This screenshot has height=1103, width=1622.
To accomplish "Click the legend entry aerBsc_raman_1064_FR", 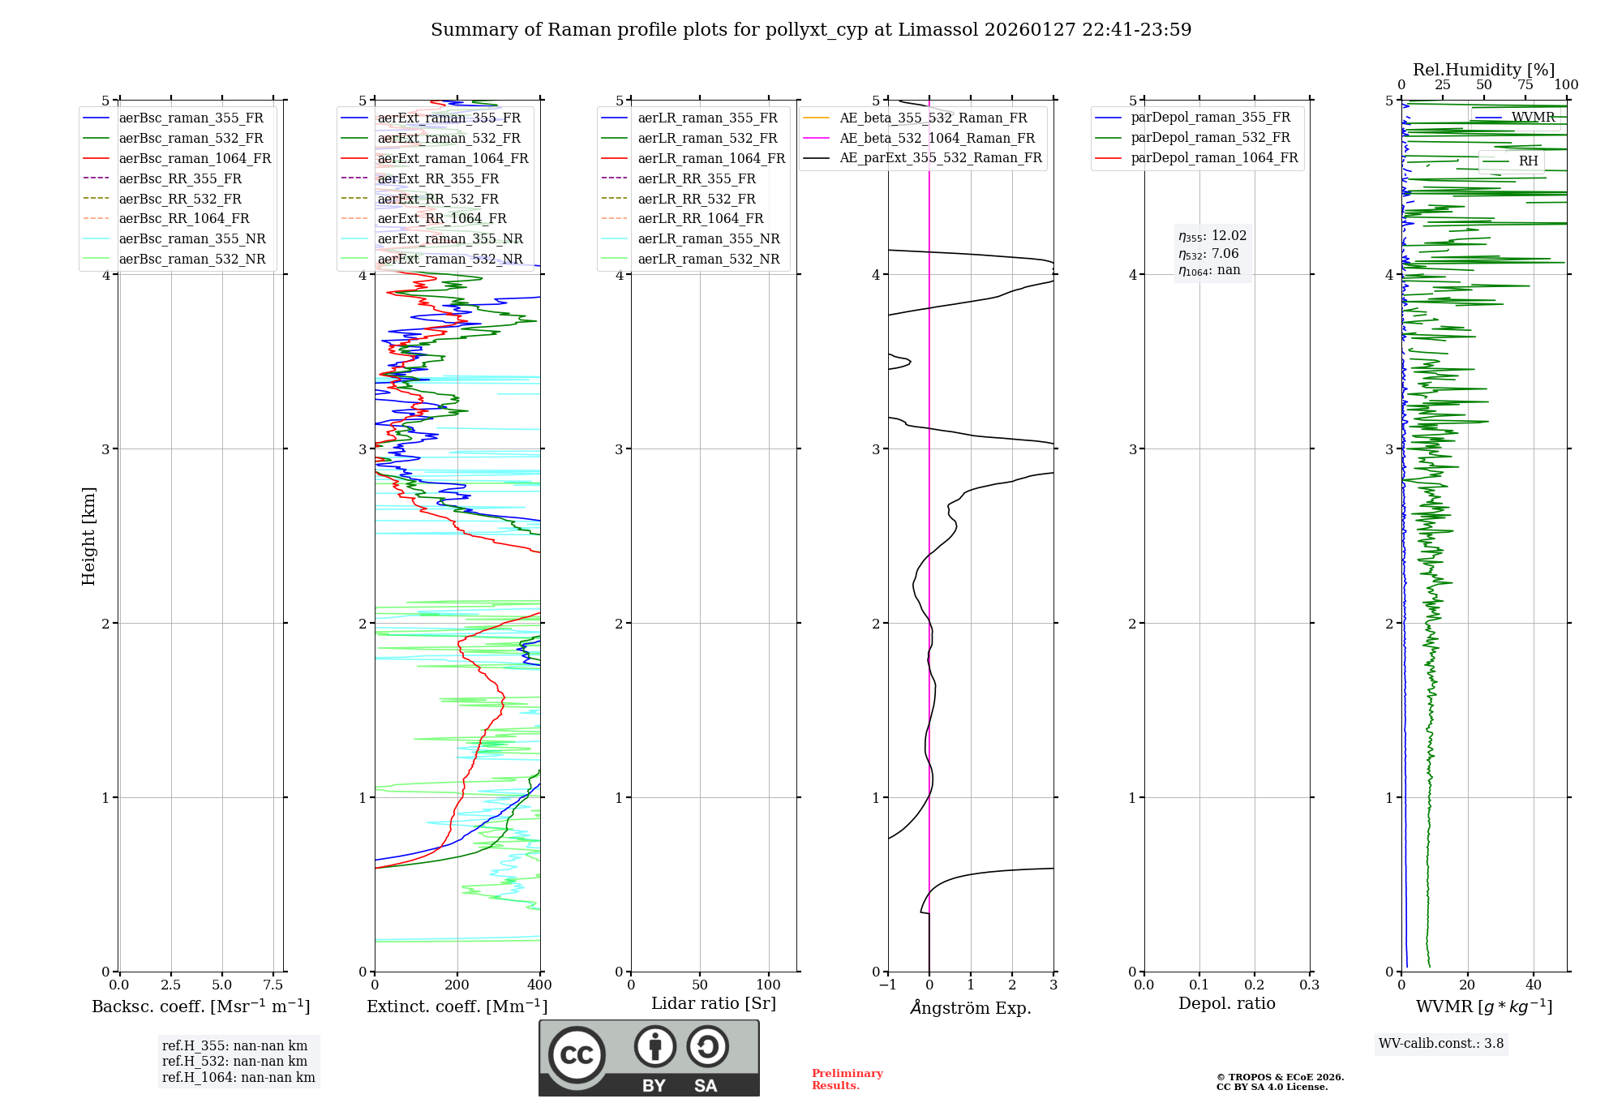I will (195, 158).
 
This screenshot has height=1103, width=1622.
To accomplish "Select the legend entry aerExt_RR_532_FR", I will (438, 199).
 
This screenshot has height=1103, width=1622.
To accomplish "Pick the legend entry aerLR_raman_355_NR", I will (708, 238).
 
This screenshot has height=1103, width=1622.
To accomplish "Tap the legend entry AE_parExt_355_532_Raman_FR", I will (940, 157).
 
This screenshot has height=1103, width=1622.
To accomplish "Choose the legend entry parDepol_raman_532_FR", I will (1210, 138).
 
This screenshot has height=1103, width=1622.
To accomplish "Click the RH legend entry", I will (1528, 161).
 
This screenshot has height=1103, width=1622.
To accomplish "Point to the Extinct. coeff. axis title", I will (457, 1006).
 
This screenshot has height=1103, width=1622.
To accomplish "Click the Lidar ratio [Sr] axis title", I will (713, 1003).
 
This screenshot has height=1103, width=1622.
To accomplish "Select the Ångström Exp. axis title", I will (970, 1007).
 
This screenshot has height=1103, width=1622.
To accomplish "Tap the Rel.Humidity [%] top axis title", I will (1483, 70).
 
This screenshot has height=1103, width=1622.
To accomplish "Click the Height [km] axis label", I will (88, 535).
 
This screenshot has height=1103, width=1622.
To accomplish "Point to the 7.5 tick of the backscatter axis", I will (273, 985).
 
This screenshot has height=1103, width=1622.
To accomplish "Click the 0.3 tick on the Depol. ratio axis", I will (1309, 985).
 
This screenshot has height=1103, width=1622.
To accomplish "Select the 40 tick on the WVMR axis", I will (1533, 985).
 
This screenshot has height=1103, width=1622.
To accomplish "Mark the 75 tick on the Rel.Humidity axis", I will (1525, 85).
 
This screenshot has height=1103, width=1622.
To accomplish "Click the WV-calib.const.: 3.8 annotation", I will (1440, 1044).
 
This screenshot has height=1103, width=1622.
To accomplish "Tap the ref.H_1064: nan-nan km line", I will (238, 1077).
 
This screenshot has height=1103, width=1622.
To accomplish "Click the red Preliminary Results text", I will (847, 1079).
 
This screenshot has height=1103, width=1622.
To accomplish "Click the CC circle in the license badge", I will (577, 1054).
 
